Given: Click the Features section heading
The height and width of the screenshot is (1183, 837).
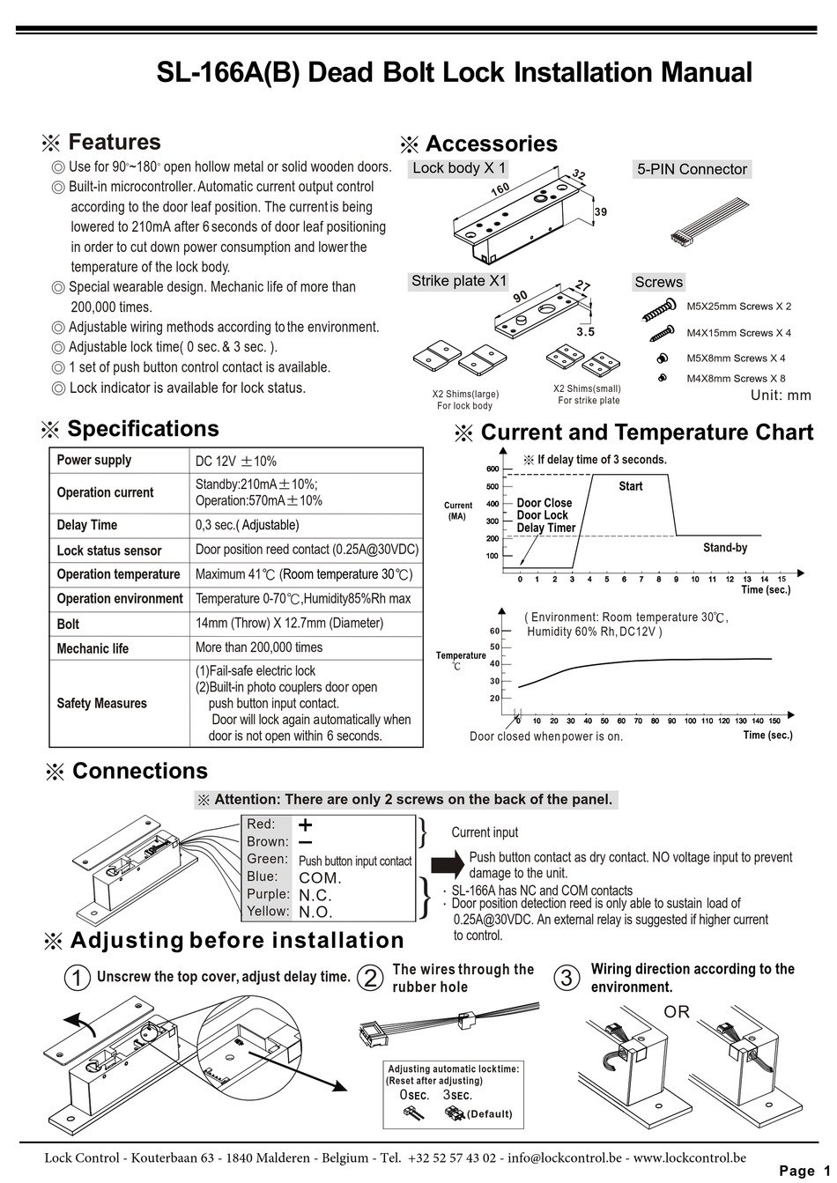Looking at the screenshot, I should pyautogui.click(x=114, y=143).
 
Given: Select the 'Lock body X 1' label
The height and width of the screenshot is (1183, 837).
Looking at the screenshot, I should pyautogui.click(x=458, y=168).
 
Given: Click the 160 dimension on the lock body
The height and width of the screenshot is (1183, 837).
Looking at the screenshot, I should pyautogui.click(x=500, y=190).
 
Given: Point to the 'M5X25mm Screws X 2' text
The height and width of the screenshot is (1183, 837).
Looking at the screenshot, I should pyautogui.click(x=738, y=307).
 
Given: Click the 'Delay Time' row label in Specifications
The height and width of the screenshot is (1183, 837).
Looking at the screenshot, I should pyautogui.click(x=86, y=525).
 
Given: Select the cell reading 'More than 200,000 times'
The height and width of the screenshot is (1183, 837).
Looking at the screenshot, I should pyautogui.click(x=259, y=647).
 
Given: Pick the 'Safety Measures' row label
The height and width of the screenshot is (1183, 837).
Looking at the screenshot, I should pyautogui.click(x=101, y=703).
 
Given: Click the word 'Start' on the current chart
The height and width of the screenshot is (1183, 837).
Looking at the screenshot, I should pyautogui.click(x=630, y=486).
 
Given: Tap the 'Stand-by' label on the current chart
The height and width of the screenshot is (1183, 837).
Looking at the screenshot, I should pyautogui.click(x=724, y=548).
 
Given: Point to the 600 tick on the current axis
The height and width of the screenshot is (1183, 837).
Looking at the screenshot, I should pyautogui.click(x=492, y=470).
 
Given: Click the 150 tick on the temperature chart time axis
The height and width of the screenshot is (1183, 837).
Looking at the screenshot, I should pyautogui.click(x=774, y=721).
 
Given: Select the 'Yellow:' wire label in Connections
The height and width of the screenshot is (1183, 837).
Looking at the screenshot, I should pyautogui.click(x=267, y=911).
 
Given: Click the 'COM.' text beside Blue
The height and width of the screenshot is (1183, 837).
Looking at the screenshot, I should pyautogui.click(x=320, y=877).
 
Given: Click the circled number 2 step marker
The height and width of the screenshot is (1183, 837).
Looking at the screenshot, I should pyautogui.click(x=373, y=977).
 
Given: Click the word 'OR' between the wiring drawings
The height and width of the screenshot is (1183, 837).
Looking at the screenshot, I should pyautogui.click(x=677, y=1012).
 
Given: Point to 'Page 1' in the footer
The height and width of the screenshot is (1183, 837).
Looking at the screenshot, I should pyautogui.click(x=804, y=1170).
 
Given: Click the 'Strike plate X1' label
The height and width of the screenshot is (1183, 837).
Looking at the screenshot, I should pyautogui.click(x=459, y=281).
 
